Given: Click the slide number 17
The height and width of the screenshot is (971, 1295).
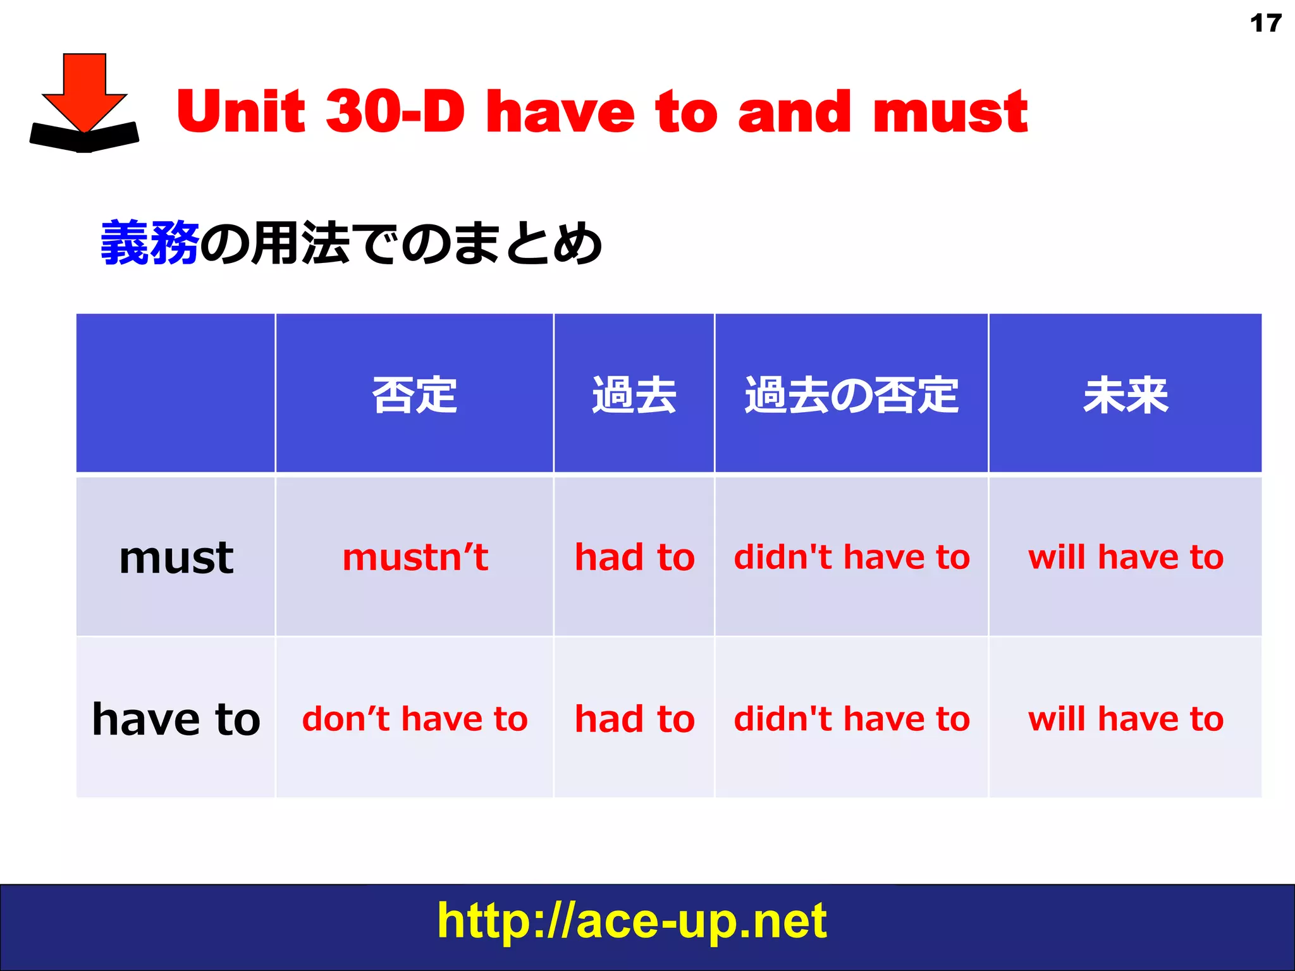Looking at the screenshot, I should [x=1265, y=23].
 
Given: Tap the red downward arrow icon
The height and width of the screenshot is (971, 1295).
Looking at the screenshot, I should [x=85, y=95].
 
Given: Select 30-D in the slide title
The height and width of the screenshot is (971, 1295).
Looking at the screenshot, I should [x=395, y=112].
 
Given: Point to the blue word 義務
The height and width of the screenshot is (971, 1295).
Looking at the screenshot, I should [x=150, y=243].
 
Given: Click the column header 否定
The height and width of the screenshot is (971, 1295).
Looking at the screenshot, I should [x=415, y=395].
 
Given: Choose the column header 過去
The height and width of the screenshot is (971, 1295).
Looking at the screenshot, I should [x=634, y=395].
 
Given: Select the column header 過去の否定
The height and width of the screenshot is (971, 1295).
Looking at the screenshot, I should [x=851, y=395].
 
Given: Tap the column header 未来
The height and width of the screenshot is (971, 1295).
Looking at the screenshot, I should [x=1126, y=395].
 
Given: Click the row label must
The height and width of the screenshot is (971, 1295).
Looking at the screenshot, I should [x=176, y=558].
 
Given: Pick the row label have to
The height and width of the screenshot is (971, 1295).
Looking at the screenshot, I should [x=176, y=719].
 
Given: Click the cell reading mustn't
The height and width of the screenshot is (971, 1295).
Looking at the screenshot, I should [x=415, y=558].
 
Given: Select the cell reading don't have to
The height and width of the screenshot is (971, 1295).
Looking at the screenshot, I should [x=415, y=719].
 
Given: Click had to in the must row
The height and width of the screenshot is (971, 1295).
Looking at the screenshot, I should [x=634, y=558].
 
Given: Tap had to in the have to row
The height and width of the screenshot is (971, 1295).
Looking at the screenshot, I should [x=634, y=719].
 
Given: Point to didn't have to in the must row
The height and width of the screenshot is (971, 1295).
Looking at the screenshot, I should [x=851, y=558].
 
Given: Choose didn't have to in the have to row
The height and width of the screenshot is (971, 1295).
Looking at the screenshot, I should [x=851, y=719].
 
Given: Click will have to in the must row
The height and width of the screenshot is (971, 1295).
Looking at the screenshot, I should [x=1126, y=558].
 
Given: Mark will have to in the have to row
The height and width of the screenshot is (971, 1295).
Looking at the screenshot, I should [x=1126, y=719].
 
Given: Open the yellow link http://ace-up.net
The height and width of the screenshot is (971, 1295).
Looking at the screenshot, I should [x=632, y=921].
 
